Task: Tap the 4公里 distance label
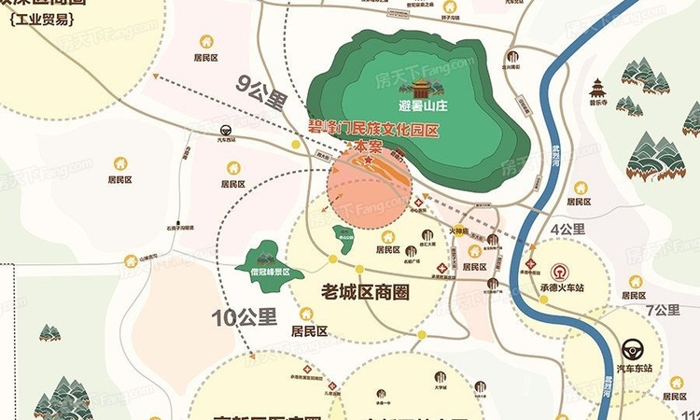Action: pos(568,229)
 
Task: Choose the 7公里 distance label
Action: pos(663,310)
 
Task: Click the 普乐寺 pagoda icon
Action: pos(597,90)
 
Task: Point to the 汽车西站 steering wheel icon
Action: pos(225,132)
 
